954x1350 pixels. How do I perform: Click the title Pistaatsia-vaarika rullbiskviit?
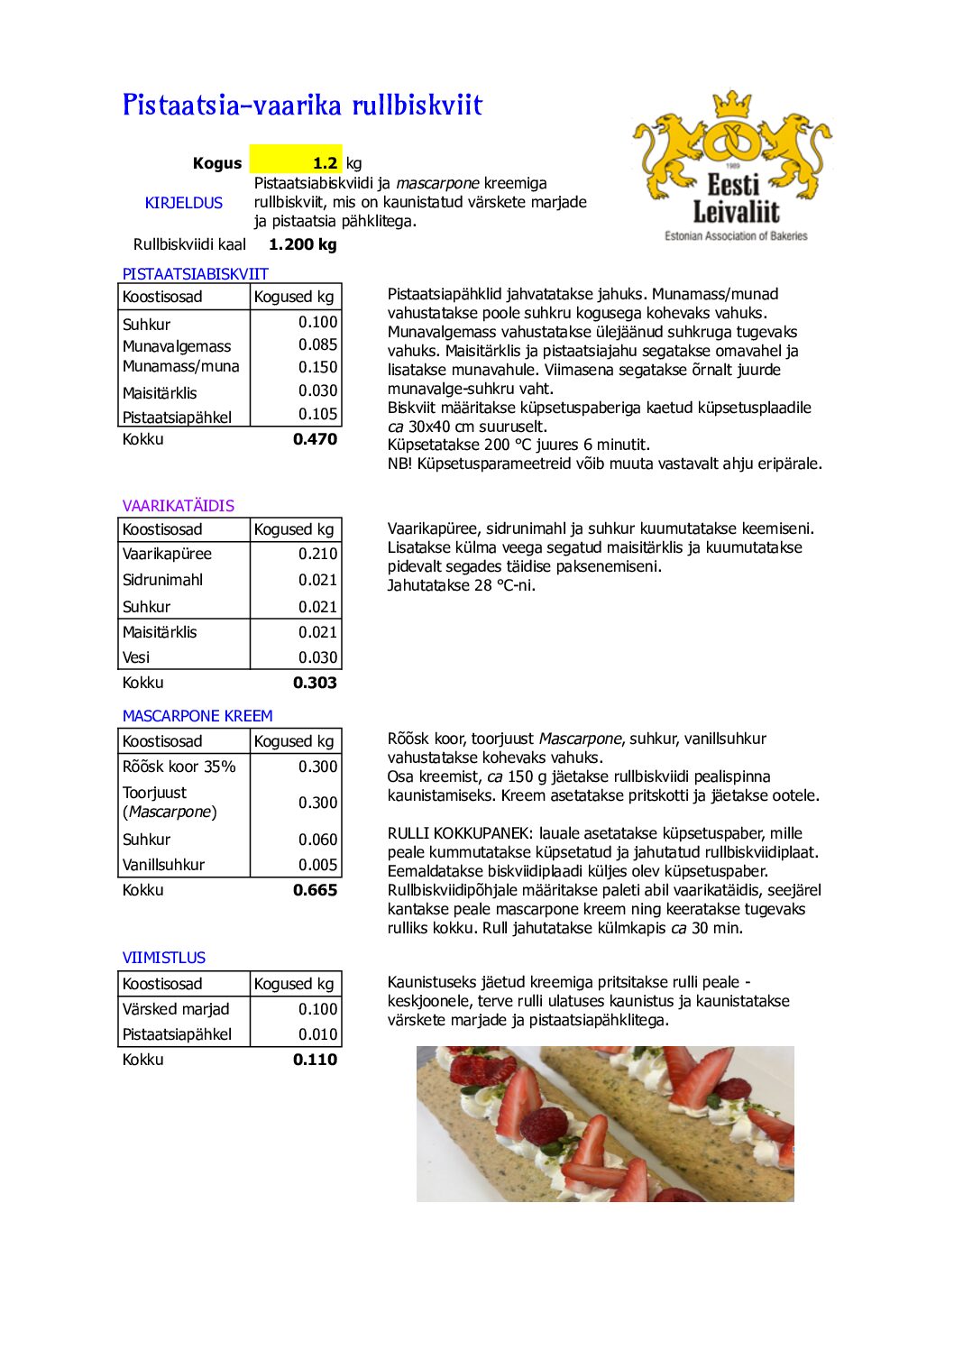tap(302, 106)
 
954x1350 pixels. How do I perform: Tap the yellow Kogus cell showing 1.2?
tap(296, 163)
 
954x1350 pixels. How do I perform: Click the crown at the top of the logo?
tap(732, 104)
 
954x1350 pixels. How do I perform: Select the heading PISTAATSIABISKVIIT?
tap(195, 274)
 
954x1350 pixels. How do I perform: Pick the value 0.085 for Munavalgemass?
tap(317, 344)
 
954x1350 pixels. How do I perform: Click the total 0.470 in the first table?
tap(315, 439)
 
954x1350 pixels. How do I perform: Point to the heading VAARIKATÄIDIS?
tap(178, 506)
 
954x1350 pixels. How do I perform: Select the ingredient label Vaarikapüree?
tap(167, 554)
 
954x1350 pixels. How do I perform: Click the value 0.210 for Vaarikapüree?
tap(317, 554)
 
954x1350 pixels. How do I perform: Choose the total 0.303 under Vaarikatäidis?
tap(315, 683)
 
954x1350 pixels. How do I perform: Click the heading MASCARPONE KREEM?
tap(197, 716)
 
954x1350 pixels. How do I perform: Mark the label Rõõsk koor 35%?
tap(179, 767)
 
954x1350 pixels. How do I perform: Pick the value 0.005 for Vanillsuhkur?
tap(317, 864)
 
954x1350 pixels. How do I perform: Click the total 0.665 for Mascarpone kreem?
tap(315, 890)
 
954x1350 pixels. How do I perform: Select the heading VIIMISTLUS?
tap(163, 958)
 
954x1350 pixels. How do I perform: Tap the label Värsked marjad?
tap(176, 1009)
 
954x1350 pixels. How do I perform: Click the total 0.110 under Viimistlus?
tap(315, 1060)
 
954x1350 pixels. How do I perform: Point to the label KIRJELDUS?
tap(183, 203)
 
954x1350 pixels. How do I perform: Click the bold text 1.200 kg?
tap(302, 244)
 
